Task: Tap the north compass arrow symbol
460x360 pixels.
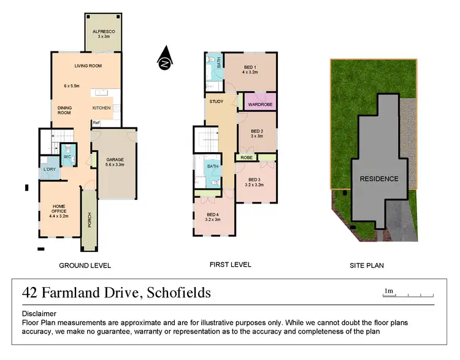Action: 164,60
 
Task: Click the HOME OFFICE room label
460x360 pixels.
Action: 58,209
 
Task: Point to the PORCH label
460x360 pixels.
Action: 89,220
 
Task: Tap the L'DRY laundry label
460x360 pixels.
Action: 49,170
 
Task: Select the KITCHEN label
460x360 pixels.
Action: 101,108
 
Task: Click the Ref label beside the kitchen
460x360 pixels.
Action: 96,123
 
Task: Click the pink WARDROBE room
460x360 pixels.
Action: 260,105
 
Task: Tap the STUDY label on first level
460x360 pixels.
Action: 216,102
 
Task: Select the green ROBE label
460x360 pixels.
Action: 247,158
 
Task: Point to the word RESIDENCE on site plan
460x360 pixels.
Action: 379,179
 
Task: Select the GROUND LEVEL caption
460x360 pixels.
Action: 85,266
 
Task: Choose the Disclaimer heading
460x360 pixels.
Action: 39,312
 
